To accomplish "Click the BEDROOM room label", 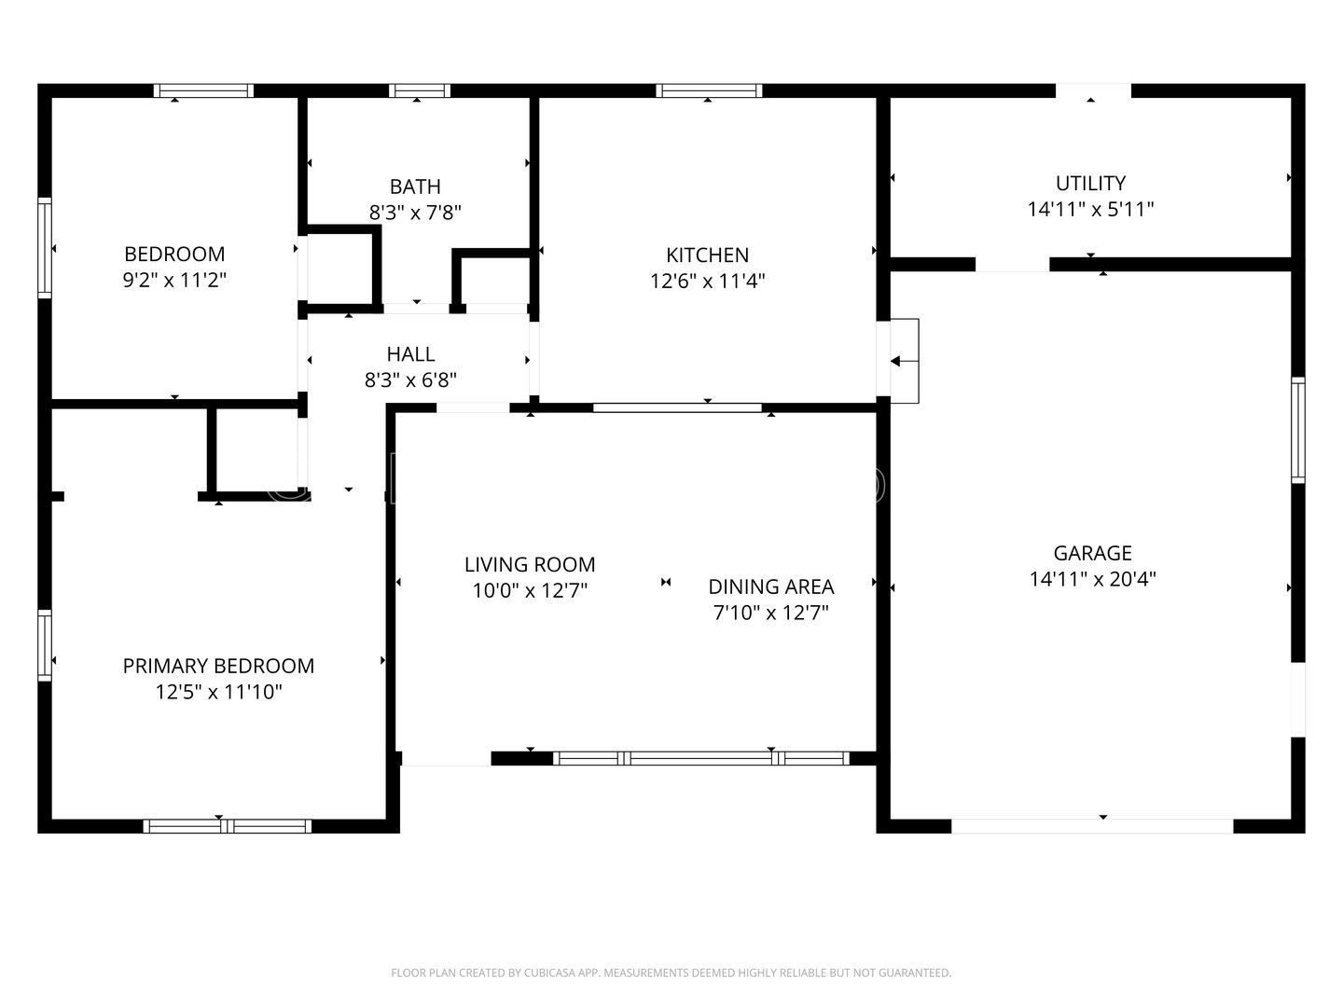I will [x=174, y=254].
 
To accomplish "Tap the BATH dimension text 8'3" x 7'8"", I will [x=415, y=213].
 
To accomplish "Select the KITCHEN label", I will [x=707, y=255].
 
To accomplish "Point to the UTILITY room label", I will [x=1090, y=183].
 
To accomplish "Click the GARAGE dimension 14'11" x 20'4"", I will [x=1092, y=579].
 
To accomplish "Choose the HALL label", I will [x=410, y=354].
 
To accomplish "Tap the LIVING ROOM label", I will [x=530, y=564].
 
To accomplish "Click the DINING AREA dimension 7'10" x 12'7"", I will [x=770, y=613].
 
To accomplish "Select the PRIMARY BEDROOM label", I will [x=218, y=666].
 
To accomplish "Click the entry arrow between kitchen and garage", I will [x=902, y=362].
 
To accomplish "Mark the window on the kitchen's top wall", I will [x=709, y=90].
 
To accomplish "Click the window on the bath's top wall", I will [x=419, y=90].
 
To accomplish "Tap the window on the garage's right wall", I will [x=1297, y=429].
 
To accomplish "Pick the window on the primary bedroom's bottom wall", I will [x=227, y=825].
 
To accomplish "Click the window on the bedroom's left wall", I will [x=44, y=247].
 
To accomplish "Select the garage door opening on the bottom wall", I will [x=1091, y=825].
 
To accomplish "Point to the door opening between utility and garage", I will [x=1012, y=264].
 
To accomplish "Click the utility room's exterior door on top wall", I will [x=1093, y=90].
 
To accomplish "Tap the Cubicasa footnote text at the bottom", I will [x=671, y=973].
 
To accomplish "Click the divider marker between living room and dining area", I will [x=666, y=583].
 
